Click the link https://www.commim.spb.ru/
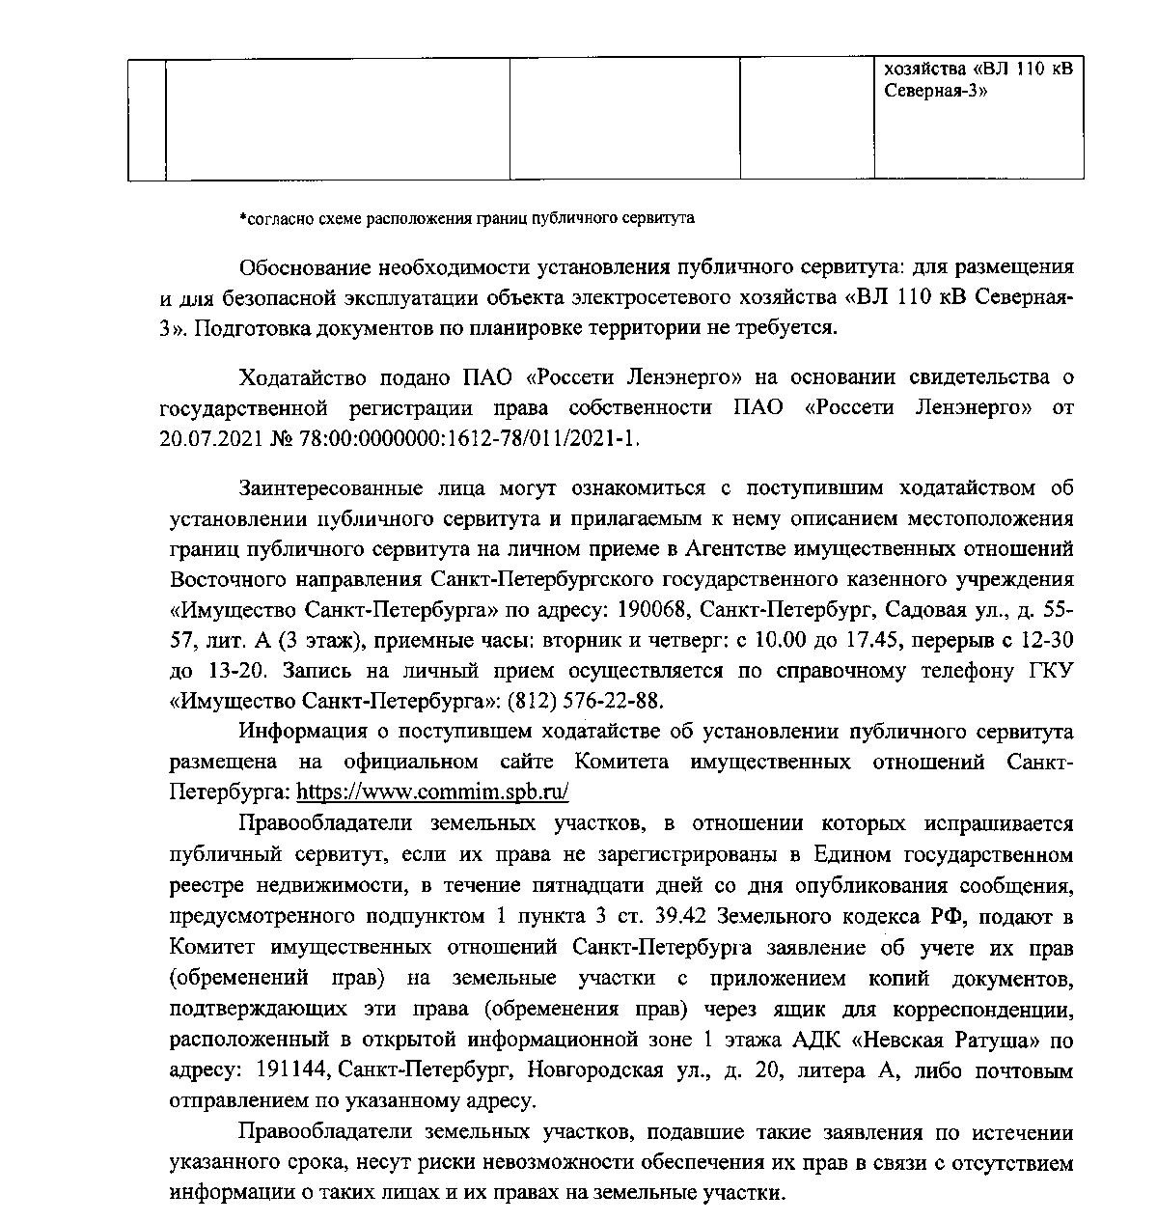[432, 792]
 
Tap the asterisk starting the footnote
[243, 218]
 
